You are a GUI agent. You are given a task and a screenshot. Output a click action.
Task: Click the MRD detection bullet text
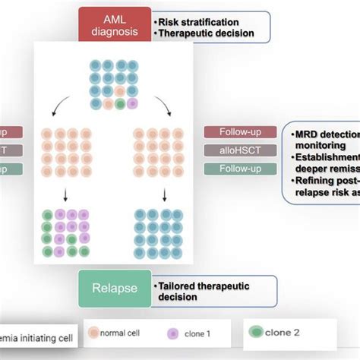pos(327,134)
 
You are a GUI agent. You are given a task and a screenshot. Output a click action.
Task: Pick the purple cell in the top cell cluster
pos(132,103)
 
